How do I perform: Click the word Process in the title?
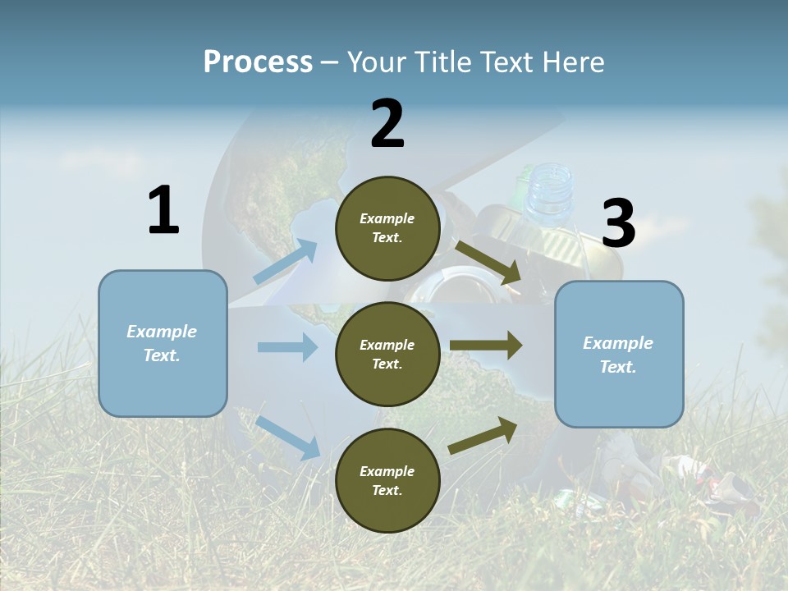click(x=258, y=62)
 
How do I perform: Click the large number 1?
click(x=163, y=211)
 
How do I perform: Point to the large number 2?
click(x=387, y=124)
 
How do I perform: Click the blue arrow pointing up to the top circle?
click(x=286, y=261)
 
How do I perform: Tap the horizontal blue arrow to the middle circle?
click(x=287, y=347)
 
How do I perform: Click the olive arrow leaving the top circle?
click(x=488, y=262)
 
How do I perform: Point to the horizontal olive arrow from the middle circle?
click(x=486, y=345)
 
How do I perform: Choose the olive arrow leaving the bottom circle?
click(x=483, y=435)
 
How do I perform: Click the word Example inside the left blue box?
click(x=162, y=332)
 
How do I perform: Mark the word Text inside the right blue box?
click(x=617, y=367)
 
